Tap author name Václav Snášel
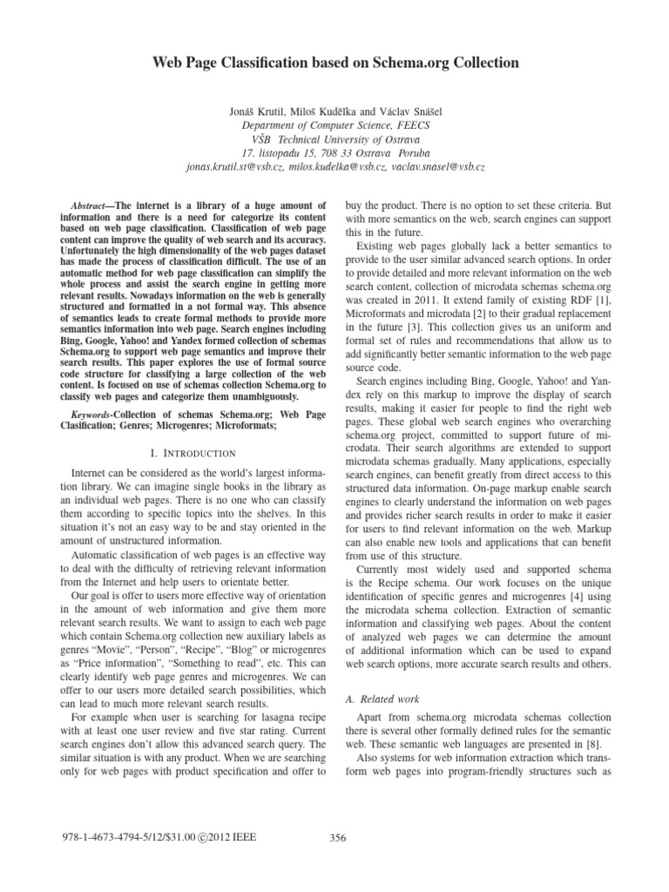point(406,110)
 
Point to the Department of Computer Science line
point(334,124)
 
